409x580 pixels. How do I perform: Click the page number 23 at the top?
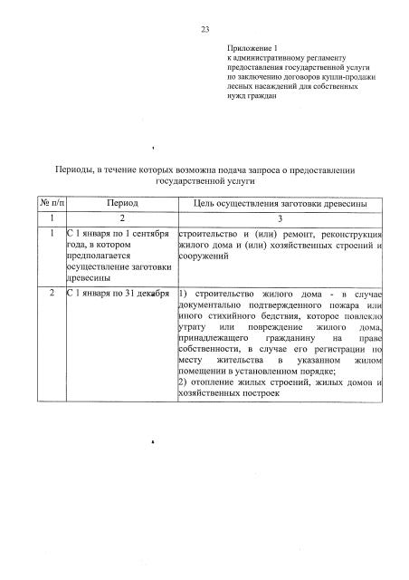point(204,31)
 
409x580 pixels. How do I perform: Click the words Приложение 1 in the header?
point(251,47)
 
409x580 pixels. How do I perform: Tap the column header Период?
point(122,206)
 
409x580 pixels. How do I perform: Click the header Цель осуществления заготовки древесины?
point(281,206)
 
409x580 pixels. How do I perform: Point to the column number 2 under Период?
point(122,220)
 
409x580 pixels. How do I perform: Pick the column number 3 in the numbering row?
point(281,220)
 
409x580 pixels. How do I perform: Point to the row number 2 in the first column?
point(52,295)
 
